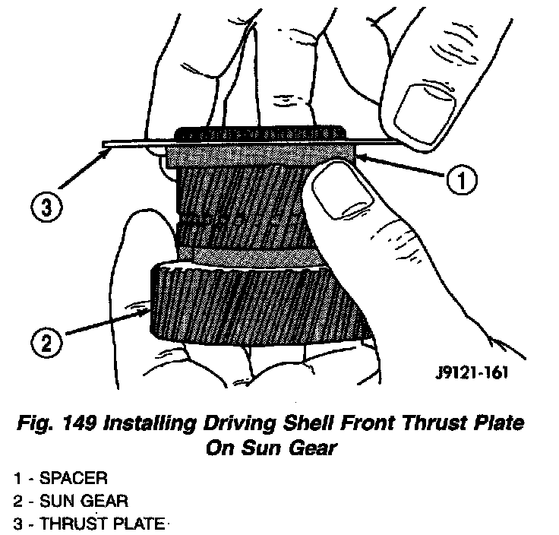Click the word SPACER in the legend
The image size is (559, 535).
[75, 479]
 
